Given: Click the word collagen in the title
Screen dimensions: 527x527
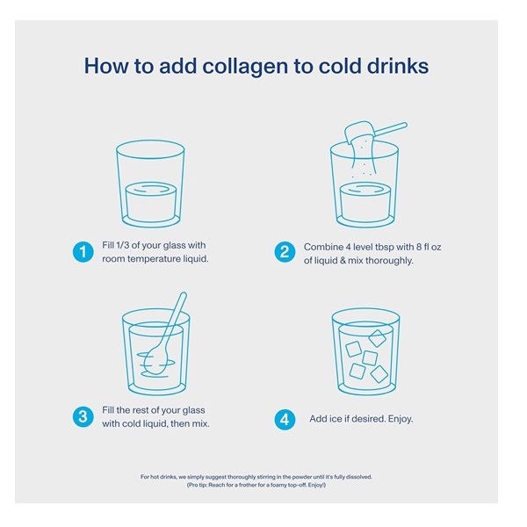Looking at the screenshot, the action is (x=245, y=66).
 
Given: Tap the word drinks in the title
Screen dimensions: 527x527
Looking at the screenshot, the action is (x=398, y=65).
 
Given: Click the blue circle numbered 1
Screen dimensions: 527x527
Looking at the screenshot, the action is (x=83, y=252).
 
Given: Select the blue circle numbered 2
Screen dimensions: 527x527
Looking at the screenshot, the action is (x=285, y=252).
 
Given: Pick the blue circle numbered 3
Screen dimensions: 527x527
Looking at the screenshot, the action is (x=83, y=417).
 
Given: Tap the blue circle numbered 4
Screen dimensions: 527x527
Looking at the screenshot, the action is (x=285, y=420).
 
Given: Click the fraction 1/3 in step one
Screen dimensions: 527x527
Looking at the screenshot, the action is (x=122, y=245).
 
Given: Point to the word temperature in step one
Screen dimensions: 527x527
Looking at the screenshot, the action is (x=152, y=259).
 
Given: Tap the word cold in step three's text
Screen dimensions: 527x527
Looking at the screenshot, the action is (x=130, y=423).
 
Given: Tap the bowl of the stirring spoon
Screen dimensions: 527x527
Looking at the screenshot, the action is (x=157, y=359).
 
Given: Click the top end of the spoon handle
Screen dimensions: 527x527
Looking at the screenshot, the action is (x=184, y=294).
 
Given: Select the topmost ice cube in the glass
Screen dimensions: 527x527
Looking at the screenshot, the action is (x=377, y=338).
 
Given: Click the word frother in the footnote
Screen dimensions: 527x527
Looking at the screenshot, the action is (x=249, y=485).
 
